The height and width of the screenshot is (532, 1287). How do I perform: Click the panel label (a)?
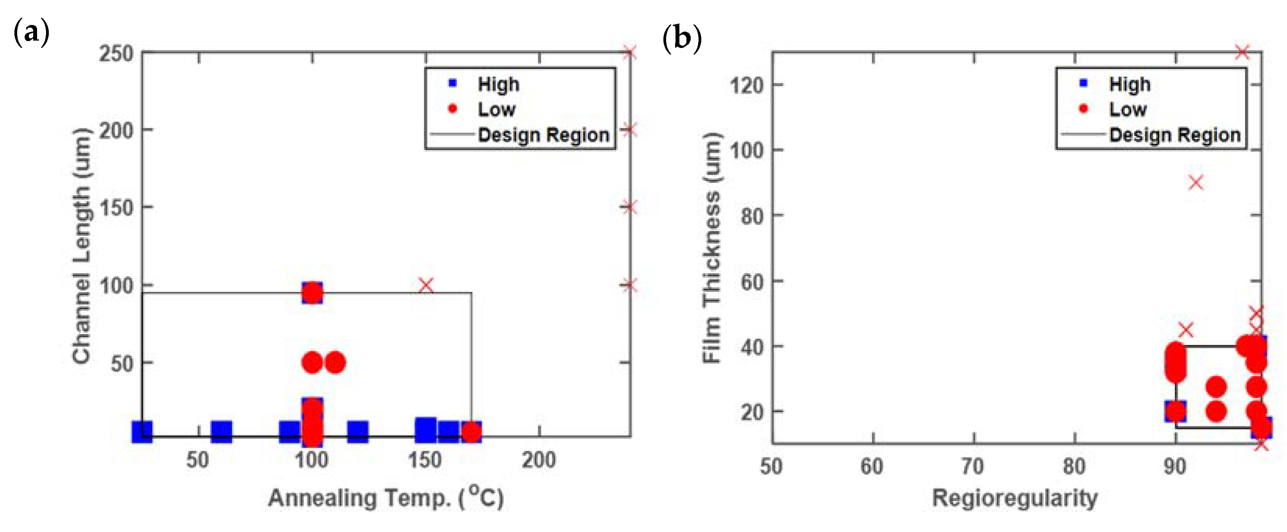click(31, 33)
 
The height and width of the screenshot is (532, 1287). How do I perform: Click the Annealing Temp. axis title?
click(386, 498)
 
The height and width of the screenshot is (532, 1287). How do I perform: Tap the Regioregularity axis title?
click(1015, 498)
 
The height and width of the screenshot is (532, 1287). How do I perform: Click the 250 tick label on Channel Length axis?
click(116, 53)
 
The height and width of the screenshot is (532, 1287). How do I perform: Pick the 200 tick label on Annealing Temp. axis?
click(539, 459)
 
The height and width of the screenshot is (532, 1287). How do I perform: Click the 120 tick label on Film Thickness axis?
click(747, 85)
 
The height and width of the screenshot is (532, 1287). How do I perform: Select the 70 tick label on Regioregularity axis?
click(973, 466)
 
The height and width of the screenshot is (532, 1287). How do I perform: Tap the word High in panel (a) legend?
click(498, 84)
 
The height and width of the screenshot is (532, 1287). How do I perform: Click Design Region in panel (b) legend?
click(1175, 135)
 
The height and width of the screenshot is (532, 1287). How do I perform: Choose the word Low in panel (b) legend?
click(1128, 109)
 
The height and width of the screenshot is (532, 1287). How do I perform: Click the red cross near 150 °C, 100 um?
click(426, 285)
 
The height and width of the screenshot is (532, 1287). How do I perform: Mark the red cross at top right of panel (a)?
click(629, 52)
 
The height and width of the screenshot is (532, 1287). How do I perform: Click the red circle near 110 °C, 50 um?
click(335, 363)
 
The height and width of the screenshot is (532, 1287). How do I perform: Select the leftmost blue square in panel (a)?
click(142, 431)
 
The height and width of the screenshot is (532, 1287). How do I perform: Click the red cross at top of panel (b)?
click(1242, 52)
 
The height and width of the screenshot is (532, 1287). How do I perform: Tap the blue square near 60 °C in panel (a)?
click(221, 431)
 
